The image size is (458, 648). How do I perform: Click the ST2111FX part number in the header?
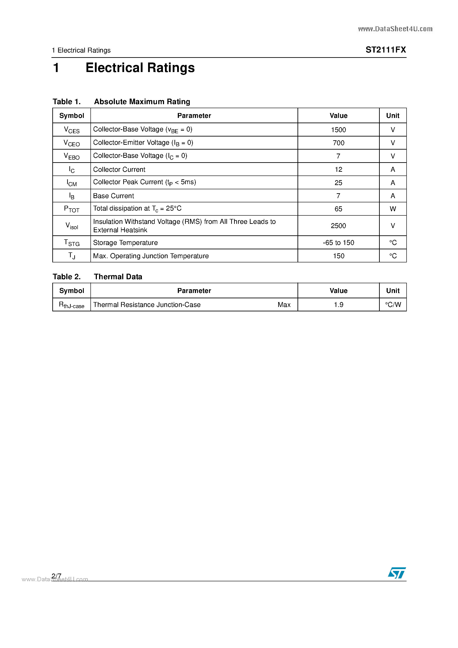coord(386,50)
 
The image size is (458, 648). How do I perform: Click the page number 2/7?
coord(57,576)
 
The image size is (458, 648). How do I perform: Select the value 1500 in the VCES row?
coord(338,130)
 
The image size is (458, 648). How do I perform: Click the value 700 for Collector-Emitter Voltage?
coord(338,143)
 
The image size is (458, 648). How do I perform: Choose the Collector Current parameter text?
coord(119,169)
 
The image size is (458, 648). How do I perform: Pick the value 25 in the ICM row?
coord(338,183)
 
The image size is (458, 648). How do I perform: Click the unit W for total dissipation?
coord(392,209)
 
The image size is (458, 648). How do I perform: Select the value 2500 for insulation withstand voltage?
coord(338,226)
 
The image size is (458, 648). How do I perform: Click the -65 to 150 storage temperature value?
coord(338,243)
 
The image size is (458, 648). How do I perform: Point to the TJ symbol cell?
coord(71,256)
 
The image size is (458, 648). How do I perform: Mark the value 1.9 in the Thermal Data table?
coord(338,305)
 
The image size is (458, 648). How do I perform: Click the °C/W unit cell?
coord(392,305)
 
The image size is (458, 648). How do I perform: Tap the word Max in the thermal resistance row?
coord(284,305)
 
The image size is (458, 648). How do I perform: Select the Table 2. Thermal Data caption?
coord(97,277)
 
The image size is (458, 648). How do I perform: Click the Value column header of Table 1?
coord(338,116)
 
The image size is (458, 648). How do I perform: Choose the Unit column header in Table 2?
coord(392,291)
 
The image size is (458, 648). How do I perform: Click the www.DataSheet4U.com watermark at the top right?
coord(395,29)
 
